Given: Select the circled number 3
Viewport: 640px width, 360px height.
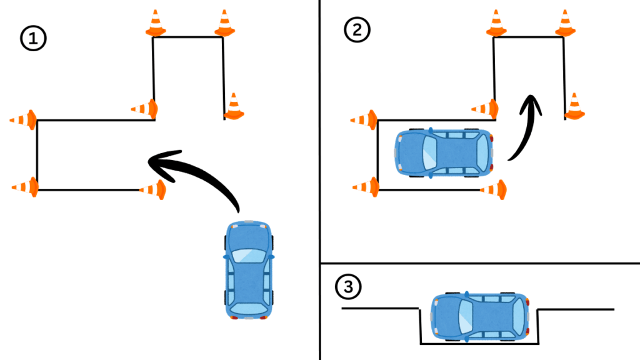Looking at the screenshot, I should [348, 287].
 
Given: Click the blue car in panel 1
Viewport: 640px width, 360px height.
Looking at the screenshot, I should [249, 269].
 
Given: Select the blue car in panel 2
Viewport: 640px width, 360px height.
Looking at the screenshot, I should [444, 152].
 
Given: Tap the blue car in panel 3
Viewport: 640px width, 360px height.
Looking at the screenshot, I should [481, 316].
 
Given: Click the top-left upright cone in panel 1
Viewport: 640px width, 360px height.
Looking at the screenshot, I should [156, 23].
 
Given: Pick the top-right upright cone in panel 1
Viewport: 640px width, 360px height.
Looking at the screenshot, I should [224, 23].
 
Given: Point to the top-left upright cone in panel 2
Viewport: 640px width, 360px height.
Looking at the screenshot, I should [497, 23].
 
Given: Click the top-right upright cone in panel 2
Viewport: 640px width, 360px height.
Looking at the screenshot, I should [565, 23].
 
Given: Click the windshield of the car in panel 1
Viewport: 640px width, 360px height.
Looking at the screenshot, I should [249, 254].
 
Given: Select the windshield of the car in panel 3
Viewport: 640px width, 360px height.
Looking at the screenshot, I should [466, 316].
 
